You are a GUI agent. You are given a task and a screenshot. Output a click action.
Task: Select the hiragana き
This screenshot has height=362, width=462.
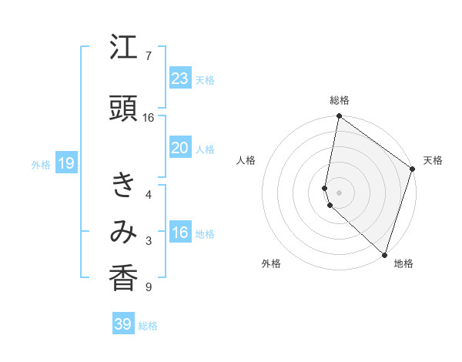tap(124, 185)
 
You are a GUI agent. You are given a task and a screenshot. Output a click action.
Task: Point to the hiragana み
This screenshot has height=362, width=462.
tap(124, 232)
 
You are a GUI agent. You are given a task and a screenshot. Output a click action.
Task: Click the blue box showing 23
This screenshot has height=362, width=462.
tap(179, 79)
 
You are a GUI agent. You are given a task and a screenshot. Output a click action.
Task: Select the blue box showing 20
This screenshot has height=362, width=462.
tap(179, 149)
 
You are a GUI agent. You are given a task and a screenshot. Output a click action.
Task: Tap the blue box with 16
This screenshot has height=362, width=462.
tap(179, 233)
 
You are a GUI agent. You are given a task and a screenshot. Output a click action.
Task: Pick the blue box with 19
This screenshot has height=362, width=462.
tap(65, 163)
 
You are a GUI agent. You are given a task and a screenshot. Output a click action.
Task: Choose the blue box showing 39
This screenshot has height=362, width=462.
tap(122, 324)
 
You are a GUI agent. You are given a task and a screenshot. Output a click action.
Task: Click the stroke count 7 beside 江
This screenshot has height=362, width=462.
tap(148, 56)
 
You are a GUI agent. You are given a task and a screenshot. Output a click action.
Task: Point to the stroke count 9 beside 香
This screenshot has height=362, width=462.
tap(148, 287)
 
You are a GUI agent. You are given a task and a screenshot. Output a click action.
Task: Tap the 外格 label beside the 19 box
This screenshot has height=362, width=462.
tap(40, 164)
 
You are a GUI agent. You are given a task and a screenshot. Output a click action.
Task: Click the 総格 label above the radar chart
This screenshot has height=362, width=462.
tap(339, 100)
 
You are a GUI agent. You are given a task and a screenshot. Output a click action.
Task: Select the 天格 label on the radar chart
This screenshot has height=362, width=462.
tap(433, 160)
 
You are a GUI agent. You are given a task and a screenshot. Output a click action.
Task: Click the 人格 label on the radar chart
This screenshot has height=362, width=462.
tap(246, 160)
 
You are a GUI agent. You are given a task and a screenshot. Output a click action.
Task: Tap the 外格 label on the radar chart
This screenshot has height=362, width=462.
tap(271, 263)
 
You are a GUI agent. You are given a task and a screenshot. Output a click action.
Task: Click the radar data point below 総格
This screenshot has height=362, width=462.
tap(339, 116)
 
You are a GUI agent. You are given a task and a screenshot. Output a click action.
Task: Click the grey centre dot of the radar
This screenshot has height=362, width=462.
tap(339, 192)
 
